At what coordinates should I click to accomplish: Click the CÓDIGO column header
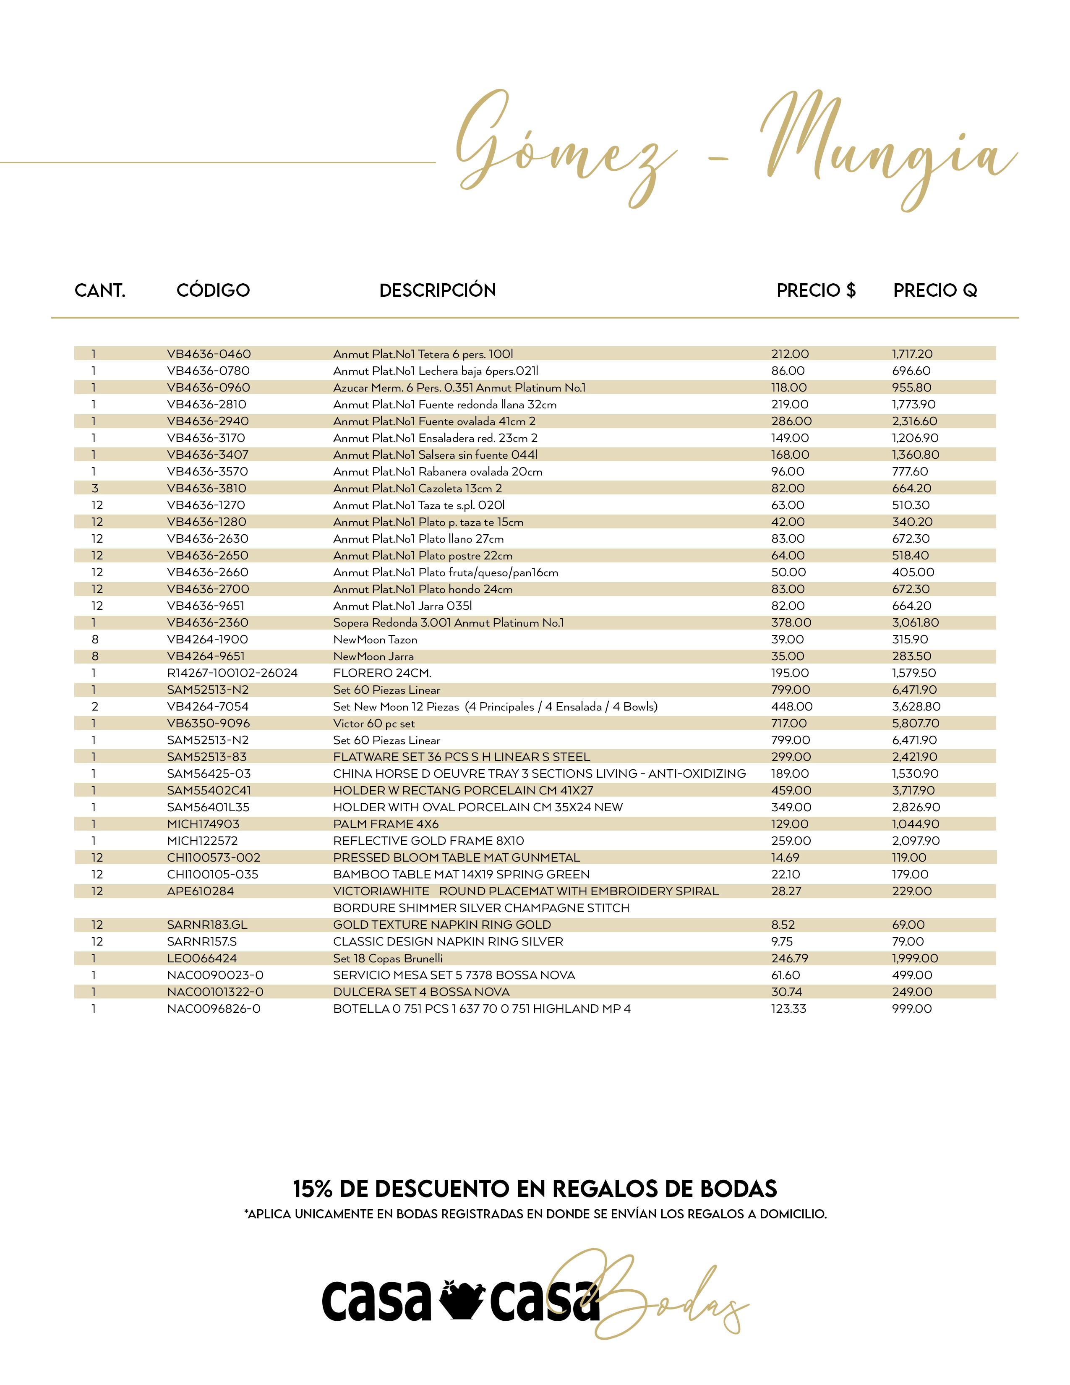213,290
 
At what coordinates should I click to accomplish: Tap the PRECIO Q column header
935,290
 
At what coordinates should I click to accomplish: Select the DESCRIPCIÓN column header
437,290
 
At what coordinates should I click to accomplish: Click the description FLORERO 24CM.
382,673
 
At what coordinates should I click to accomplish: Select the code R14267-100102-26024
232,673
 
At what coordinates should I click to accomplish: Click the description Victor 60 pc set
374,724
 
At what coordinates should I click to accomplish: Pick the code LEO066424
201,958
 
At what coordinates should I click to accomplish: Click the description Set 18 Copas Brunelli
388,958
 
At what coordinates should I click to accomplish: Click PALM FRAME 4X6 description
386,824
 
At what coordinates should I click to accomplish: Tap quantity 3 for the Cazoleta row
95,488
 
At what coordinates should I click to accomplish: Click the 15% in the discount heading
313,1189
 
